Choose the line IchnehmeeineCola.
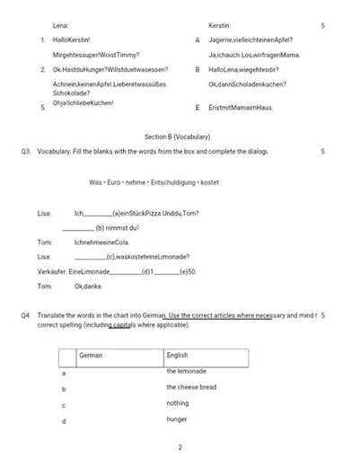(x=102, y=242)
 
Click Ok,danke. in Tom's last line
(x=89, y=286)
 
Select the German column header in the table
(x=92, y=355)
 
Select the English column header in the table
(x=178, y=355)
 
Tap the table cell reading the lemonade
(x=186, y=371)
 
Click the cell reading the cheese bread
(x=190, y=387)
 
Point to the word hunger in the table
(x=177, y=419)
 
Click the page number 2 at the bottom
(x=180, y=447)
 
